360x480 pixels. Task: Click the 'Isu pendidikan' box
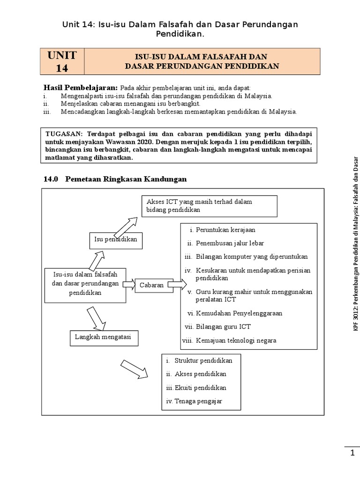click(115, 240)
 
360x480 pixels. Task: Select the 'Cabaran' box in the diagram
click(151, 285)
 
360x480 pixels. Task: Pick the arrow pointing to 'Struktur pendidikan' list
click(134, 368)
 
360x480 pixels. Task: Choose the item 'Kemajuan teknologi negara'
click(236, 340)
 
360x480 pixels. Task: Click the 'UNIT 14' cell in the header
click(62, 61)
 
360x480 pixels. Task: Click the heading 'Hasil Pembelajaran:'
click(81, 88)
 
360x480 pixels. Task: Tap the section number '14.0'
click(50, 179)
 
